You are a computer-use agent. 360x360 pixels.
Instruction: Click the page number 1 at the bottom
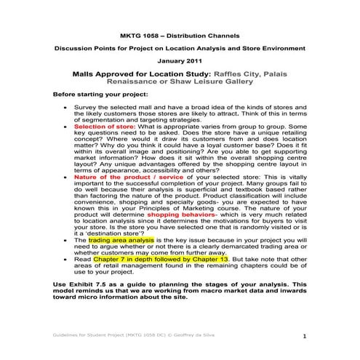pos(305,337)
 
